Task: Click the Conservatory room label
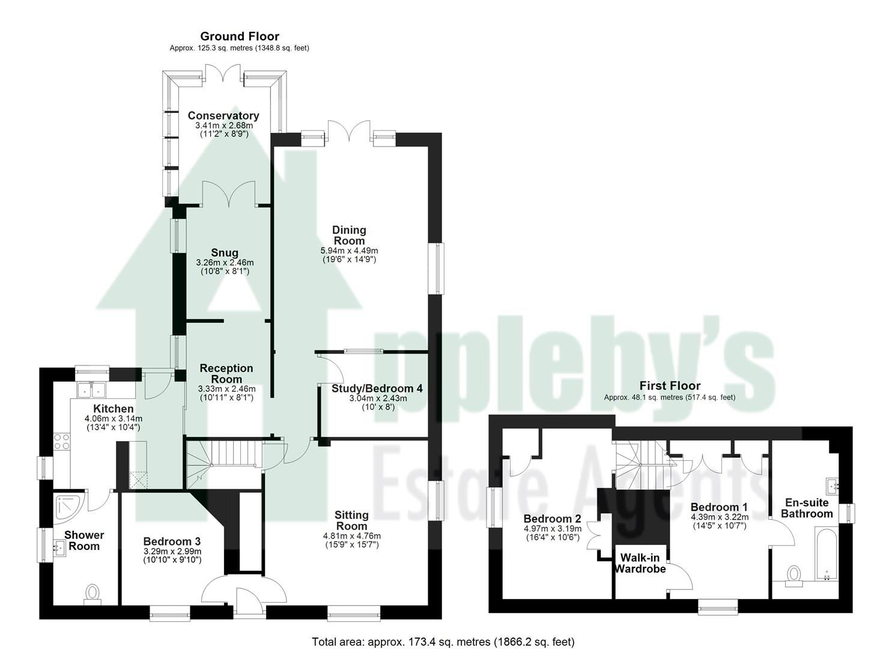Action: coord(223,115)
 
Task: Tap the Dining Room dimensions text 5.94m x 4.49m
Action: coord(349,251)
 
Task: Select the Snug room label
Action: coord(225,253)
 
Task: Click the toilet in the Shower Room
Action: coord(93,593)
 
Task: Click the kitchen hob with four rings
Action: coord(62,442)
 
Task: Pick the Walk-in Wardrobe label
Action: coord(640,563)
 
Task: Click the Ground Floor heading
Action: coord(239,37)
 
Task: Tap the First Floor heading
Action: coord(670,386)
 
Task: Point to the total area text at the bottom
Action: coord(443,642)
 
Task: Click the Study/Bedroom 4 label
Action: coord(377,389)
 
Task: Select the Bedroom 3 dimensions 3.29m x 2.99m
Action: coord(172,551)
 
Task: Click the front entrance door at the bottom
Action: coord(245,601)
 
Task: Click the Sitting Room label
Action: coord(351,520)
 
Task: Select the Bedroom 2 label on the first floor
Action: coord(552,519)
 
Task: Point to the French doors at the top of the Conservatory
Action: coord(224,72)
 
